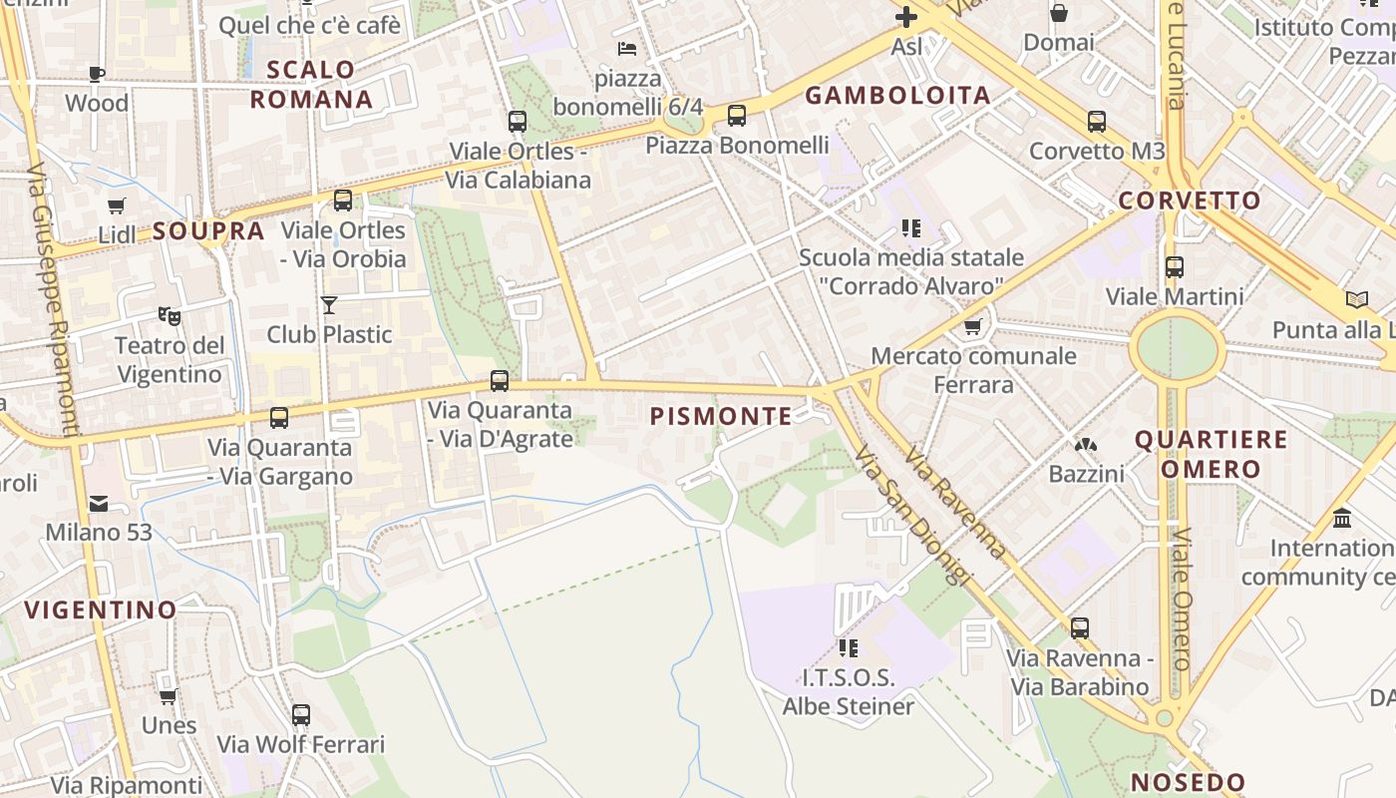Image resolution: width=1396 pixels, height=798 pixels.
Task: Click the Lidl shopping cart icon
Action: [117, 206]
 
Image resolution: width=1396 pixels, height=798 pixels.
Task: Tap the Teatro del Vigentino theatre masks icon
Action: [170, 316]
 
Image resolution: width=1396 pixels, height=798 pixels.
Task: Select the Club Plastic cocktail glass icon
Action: [329, 304]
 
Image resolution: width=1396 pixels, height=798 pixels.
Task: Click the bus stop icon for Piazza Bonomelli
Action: [737, 116]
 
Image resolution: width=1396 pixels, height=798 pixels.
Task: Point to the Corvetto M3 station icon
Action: [1097, 122]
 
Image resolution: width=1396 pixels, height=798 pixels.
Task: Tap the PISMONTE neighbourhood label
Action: [721, 416]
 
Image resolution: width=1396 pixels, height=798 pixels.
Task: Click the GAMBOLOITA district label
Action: [897, 96]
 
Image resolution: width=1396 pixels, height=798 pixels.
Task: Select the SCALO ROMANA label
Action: [311, 85]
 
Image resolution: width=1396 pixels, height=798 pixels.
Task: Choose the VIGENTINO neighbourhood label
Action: [101, 609]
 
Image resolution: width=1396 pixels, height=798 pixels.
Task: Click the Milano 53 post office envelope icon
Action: [99, 504]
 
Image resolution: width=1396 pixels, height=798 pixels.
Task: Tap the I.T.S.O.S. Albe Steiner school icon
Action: [849, 648]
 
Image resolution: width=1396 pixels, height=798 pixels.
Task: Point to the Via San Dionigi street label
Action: [911, 514]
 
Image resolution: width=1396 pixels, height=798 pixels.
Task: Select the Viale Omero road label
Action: [1182, 598]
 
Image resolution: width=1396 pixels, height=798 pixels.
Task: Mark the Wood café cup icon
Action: [97, 74]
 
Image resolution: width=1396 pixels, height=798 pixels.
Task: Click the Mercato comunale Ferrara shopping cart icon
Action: [973, 326]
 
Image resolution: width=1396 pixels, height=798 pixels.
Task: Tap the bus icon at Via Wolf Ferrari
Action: [301, 715]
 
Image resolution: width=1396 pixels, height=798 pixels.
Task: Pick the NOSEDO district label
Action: [1189, 782]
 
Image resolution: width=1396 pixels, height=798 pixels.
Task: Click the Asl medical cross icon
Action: [906, 17]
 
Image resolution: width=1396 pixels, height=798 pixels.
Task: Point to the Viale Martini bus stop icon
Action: [1175, 267]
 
